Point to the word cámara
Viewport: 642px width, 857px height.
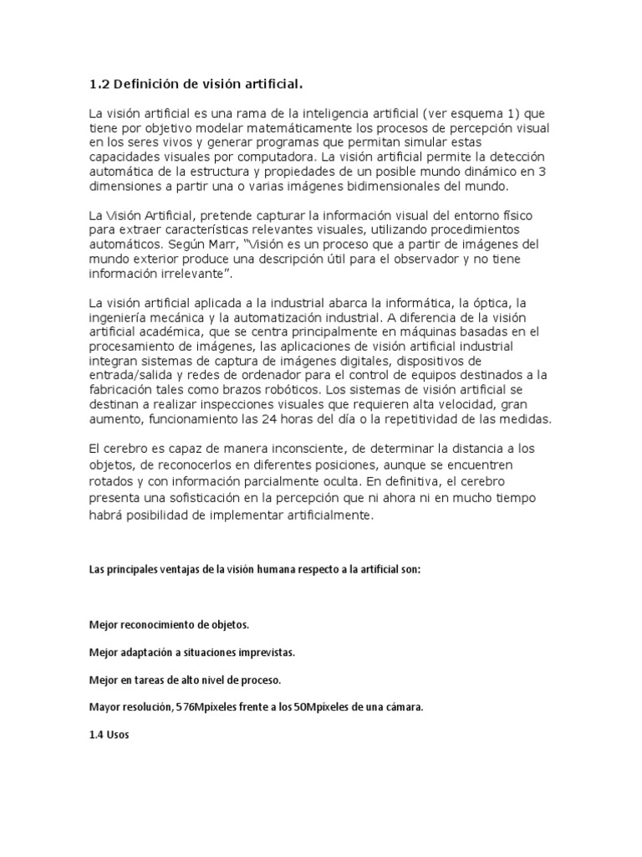tap(404, 707)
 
